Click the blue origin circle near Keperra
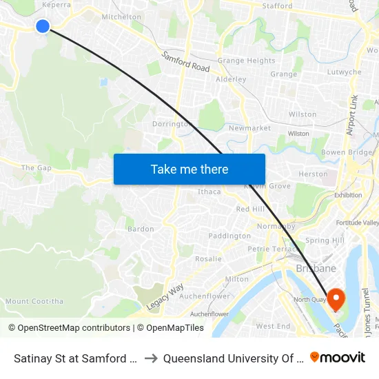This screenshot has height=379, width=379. coord(43,26)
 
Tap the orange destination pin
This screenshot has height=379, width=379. coord(336,298)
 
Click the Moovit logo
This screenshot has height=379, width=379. coord(338,357)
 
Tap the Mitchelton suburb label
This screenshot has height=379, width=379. coord(121,17)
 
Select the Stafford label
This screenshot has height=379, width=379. coord(277,6)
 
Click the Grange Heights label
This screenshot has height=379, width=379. coord(246,61)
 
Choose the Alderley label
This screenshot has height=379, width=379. coord(231,79)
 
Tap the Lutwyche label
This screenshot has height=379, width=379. coord(345,72)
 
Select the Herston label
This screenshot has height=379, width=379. coord(314,174)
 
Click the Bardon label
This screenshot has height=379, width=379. coord(141,229)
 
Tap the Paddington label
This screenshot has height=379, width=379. coord(229,236)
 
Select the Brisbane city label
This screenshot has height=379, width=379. coord(316,268)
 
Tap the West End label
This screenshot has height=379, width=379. coord(273,326)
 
